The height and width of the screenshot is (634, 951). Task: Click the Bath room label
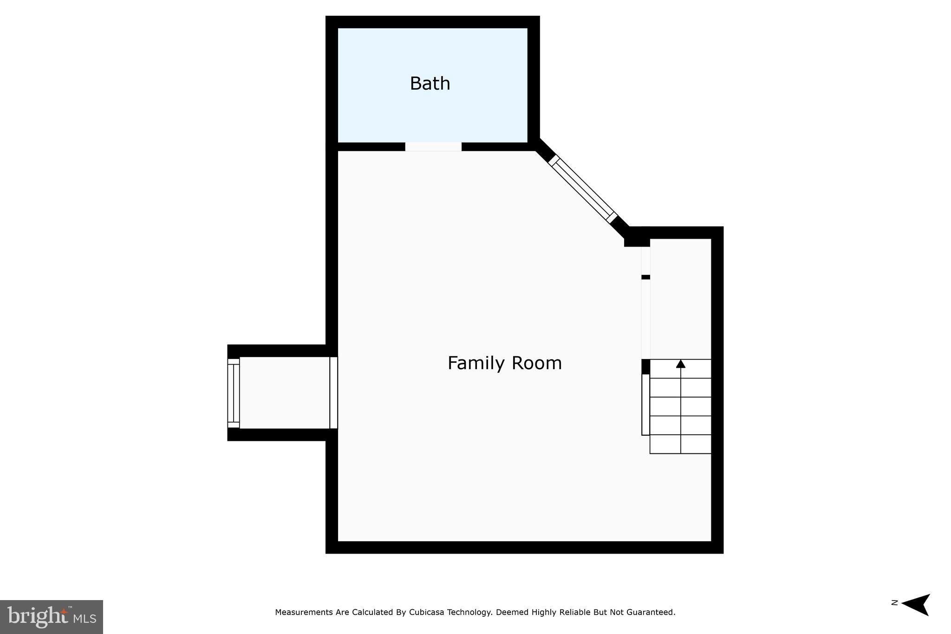[430, 84]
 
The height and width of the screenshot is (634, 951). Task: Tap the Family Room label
[504, 363]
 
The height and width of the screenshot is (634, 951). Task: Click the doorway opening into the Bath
[433, 147]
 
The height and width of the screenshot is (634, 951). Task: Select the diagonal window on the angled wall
[583, 189]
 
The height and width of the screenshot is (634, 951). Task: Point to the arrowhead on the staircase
[680, 364]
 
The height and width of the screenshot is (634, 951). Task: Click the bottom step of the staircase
[680, 444]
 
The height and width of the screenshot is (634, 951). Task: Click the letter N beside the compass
[894, 603]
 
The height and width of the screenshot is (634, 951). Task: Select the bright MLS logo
[52, 617]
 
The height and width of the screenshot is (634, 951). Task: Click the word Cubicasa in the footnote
[426, 612]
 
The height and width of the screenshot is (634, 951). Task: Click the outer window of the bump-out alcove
[233, 393]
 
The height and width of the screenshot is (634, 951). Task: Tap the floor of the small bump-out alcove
[284, 393]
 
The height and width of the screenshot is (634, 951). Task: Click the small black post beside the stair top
[645, 366]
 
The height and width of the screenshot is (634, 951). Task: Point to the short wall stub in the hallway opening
[645, 277]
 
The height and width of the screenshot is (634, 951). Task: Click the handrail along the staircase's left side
[645, 404]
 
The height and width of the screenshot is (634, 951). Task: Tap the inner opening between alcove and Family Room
[333, 393]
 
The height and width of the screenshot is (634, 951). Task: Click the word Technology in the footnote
[469, 612]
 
